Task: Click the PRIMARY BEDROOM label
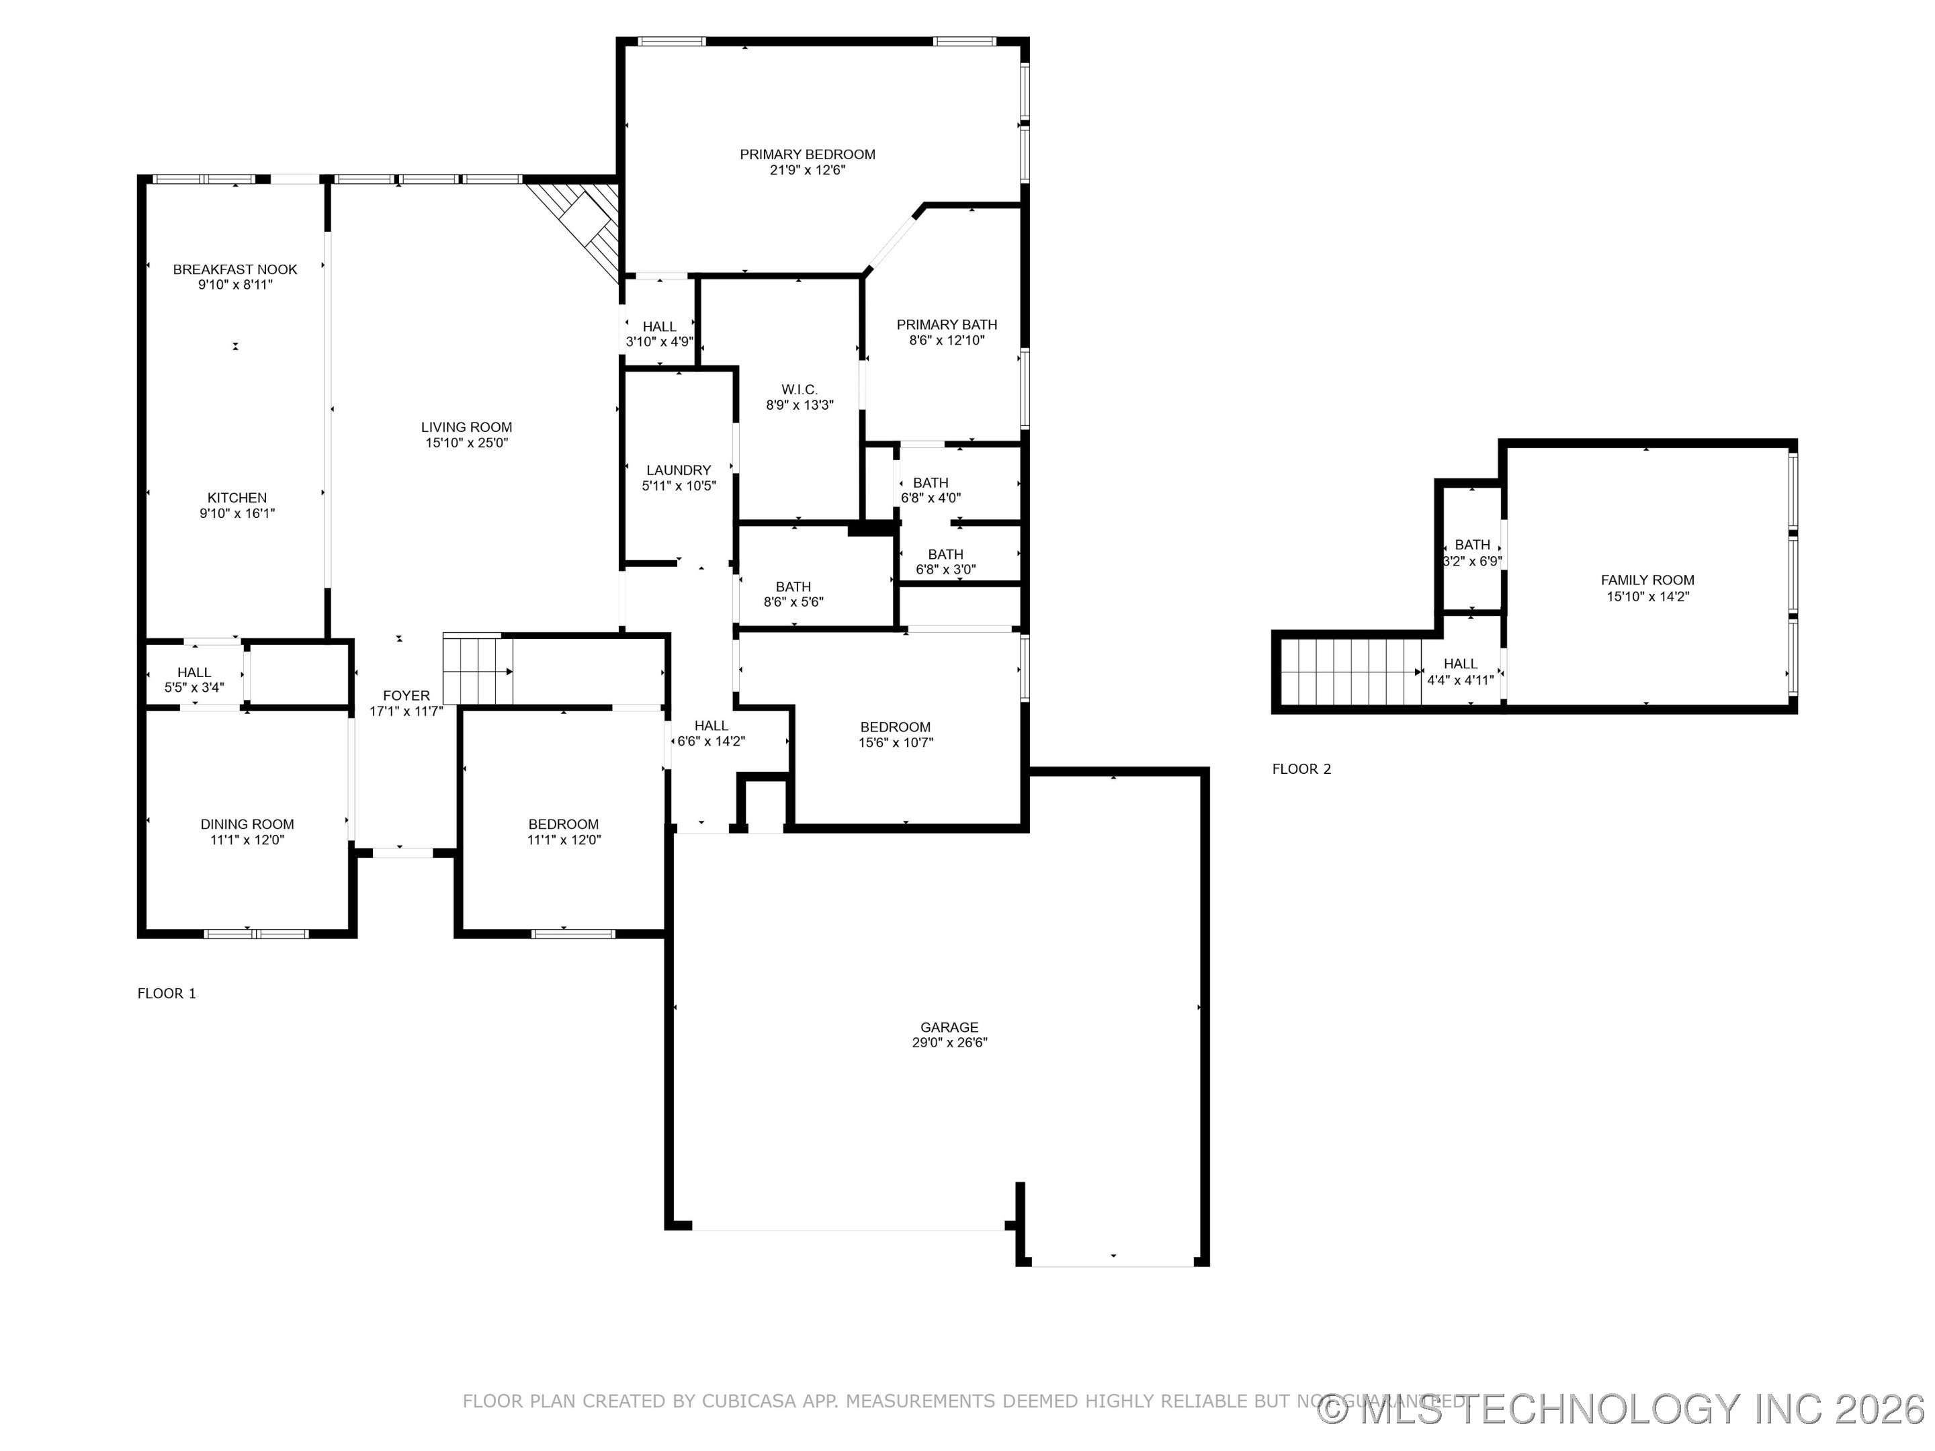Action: point(806,155)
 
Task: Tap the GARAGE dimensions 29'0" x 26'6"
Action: point(949,1043)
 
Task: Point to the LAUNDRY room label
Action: point(678,470)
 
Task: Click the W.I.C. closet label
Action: point(799,389)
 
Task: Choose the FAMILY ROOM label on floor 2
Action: point(1647,580)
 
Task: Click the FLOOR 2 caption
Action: point(1301,768)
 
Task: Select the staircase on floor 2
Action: point(1347,672)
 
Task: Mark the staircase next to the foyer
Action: point(477,670)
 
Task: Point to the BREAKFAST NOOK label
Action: point(234,269)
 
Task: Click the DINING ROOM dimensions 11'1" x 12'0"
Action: point(247,840)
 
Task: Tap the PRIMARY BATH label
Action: point(947,324)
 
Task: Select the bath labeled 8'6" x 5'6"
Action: point(793,594)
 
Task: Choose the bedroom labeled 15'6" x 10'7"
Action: point(895,735)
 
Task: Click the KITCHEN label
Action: point(237,498)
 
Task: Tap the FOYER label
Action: point(406,695)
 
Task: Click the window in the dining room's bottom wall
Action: point(256,933)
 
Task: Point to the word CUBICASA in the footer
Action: point(750,1401)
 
